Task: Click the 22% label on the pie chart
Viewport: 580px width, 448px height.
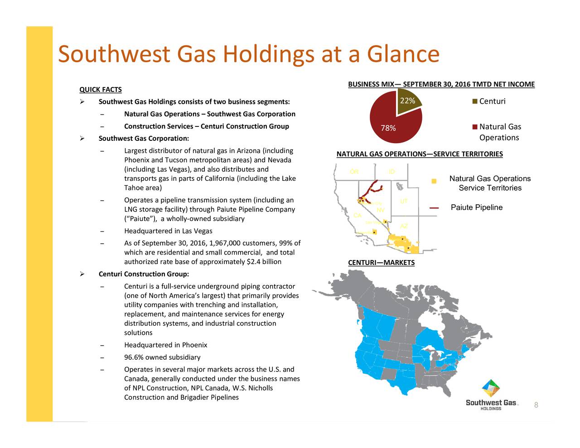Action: (x=407, y=101)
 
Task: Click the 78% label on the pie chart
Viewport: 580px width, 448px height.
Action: (x=388, y=128)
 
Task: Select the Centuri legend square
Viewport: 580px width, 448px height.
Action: (x=474, y=101)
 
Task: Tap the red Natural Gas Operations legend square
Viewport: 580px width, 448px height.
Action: (x=474, y=127)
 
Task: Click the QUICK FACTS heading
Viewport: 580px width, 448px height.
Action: (x=101, y=90)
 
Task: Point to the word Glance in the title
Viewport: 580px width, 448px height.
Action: (x=403, y=54)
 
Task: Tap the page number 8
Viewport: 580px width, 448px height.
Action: (x=536, y=405)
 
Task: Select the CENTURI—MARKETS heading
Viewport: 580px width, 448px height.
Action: (x=381, y=263)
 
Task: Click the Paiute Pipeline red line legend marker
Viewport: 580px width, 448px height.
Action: (x=434, y=208)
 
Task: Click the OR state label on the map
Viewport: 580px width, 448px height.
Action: (x=354, y=172)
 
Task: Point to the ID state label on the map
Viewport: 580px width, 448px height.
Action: (x=392, y=172)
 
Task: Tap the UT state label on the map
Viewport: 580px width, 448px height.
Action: (x=404, y=201)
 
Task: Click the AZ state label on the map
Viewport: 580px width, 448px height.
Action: (x=404, y=226)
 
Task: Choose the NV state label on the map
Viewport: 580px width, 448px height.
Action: (x=381, y=210)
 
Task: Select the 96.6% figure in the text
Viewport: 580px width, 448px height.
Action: (x=134, y=357)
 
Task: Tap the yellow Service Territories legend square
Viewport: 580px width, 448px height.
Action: (x=434, y=181)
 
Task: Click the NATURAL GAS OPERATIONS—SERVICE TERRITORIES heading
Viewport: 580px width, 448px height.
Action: (x=420, y=154)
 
